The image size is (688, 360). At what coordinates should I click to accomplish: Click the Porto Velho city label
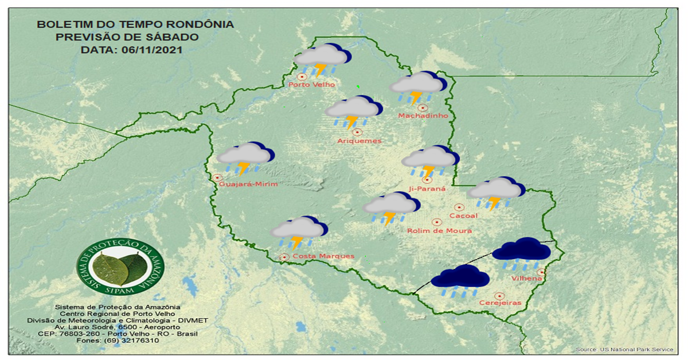(311, 85)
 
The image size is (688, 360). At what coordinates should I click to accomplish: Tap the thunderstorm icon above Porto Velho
(322, 60)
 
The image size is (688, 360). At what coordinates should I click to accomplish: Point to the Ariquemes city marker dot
(357, 132)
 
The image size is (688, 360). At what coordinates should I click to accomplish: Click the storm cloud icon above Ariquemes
(353, 111)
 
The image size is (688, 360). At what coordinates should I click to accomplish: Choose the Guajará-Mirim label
(248, 184)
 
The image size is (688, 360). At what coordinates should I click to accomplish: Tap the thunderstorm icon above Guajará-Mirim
(245, 158)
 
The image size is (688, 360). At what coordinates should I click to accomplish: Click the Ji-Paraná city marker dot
(427, 179)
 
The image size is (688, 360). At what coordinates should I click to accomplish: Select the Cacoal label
(464, 216)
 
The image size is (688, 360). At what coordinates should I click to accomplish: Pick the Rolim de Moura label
(439, 231)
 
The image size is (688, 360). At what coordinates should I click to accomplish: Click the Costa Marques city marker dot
(284, 257)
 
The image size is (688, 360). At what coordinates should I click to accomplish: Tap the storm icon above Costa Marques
(299, 232)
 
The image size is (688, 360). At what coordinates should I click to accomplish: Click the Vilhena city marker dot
(541, 272)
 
